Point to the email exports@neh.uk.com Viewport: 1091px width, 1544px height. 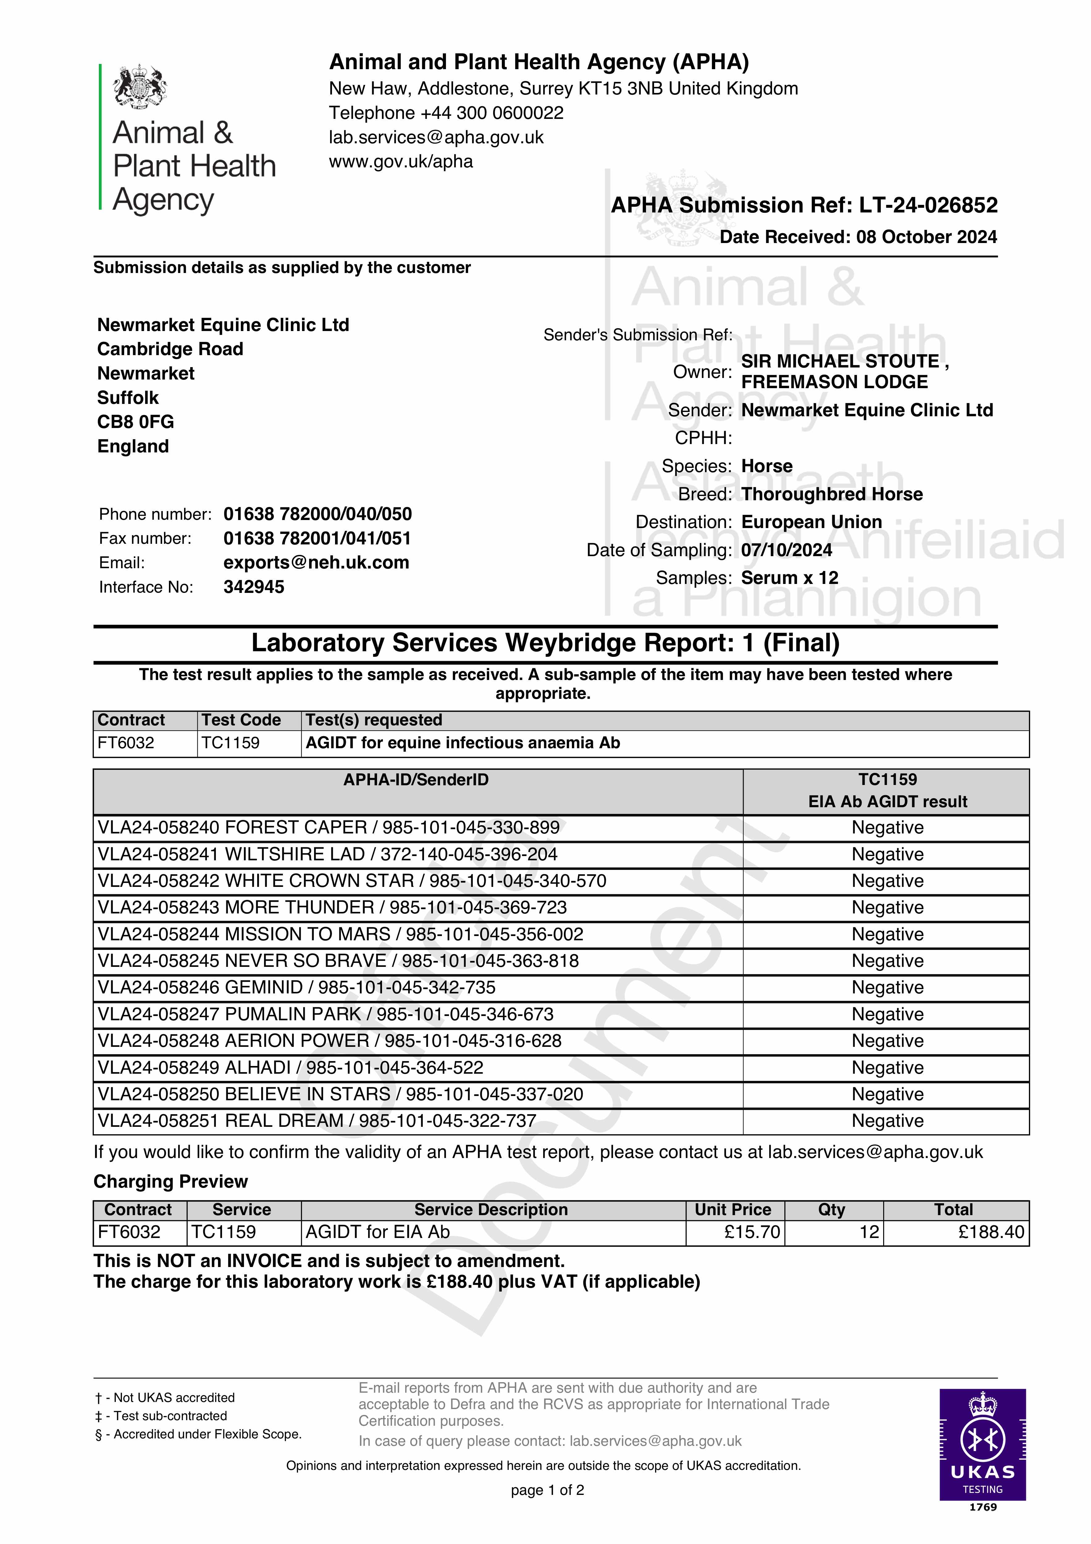316,563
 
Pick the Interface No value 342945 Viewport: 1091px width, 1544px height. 254,587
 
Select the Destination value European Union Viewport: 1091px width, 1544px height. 811,522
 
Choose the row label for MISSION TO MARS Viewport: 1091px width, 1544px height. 340,934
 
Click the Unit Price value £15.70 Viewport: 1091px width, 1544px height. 752,1232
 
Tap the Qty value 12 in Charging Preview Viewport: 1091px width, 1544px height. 869,1232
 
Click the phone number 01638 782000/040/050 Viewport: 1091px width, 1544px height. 317,514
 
